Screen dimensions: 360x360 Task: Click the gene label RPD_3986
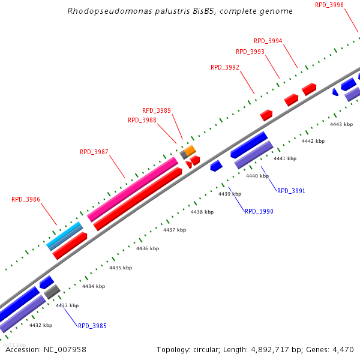pyautogui.click(x=26, y=199)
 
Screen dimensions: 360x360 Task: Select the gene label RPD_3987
pyautogui.click(x=94, y=152)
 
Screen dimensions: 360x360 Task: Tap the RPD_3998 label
pyautogui.click(x=329, y=5)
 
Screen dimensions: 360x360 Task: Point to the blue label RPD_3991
pyautogui.click(x=291, y=191)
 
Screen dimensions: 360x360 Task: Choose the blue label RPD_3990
pyautogui.click(x=259, y=211)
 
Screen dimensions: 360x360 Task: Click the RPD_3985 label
pyautogui.click(x=92, y=326)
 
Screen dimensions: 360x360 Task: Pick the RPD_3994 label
pyautogui.click(x=268, y=41)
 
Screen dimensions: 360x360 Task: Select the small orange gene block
pyautogui.click(x=190, y=149)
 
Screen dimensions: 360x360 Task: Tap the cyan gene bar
pyautogui.click(x=64, y=236)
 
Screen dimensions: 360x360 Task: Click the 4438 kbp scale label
pyautogui.click(x=202, y=212)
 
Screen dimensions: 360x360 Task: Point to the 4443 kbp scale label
pyautogui.click(x=341, y=124)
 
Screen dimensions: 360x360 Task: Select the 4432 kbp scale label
pyautogui.click(x=41, y=325)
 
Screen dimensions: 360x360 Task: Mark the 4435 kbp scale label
pyautogui.click(x=120, y=268)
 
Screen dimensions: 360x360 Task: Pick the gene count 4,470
pyautogui.click(x=342, y=349)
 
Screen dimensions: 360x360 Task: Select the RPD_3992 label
pyautogui.click(x=225, y=67)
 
